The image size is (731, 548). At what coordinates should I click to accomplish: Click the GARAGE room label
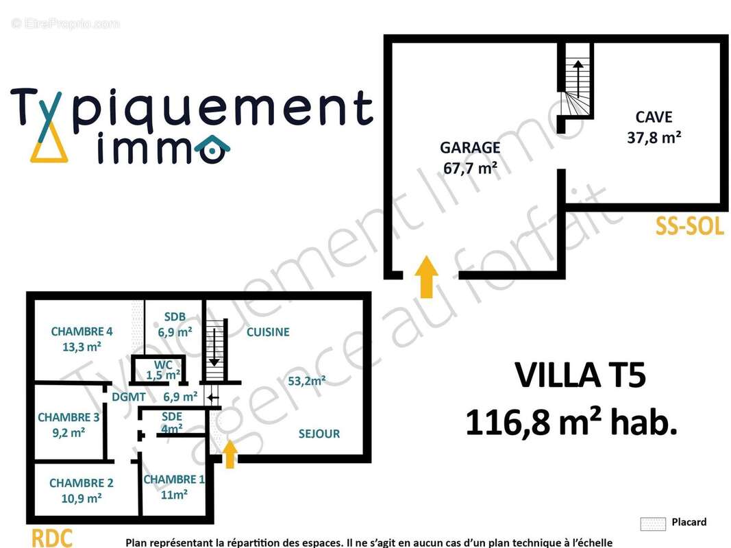pos(470,148)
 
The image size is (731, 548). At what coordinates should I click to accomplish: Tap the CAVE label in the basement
pos(654,117)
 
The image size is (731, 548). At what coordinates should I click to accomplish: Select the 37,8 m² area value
pos(654,138)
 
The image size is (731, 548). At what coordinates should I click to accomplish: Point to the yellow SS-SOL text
pos(689,227)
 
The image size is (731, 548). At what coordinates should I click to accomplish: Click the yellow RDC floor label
pos(52,538)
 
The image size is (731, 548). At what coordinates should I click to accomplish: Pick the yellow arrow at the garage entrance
pos(427,276)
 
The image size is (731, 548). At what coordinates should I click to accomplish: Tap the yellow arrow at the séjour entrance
pos(230,454)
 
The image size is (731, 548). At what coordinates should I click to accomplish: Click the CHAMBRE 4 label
pos(82,332)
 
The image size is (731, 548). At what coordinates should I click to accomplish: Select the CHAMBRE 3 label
pos(69,418)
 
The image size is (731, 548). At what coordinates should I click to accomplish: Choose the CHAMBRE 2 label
pos(82,483)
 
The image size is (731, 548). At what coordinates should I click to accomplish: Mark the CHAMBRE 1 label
pos(174,480)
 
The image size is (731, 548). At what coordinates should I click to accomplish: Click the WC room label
pos(163,365)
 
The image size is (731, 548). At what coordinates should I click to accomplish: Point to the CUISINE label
pos(268,332)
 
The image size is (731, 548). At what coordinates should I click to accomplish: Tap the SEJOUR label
pos(319,434)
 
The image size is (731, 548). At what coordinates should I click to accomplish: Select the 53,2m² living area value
pos(307,381)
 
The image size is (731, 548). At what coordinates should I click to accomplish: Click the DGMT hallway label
pos(129,397)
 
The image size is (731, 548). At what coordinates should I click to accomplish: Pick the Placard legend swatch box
pos(653,524)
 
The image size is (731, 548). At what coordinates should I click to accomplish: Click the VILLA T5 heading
pos(580,375)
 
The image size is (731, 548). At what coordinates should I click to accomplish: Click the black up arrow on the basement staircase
pos(578,79)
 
